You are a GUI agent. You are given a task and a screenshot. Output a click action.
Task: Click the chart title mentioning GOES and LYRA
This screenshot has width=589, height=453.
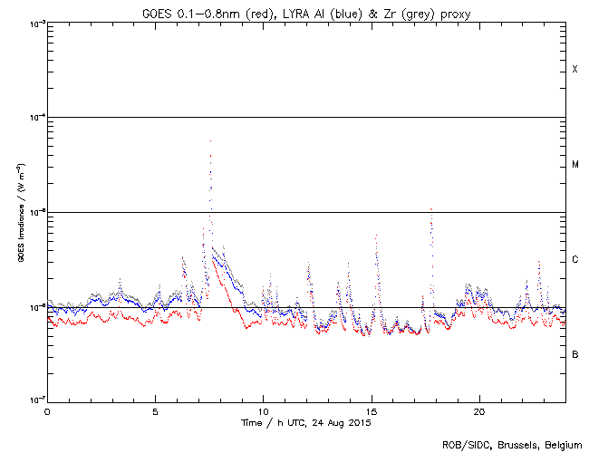click(x=306, y=11)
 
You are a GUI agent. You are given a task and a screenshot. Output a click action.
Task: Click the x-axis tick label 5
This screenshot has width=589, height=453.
click(x=155, y=410)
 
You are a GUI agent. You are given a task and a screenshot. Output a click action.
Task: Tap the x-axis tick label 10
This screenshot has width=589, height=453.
click(x=263, y=410)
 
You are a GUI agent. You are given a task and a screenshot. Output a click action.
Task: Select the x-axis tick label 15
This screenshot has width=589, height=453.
click(x=371, y=410)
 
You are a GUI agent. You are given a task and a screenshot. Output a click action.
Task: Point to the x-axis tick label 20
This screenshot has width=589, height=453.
click(x=478, y=410)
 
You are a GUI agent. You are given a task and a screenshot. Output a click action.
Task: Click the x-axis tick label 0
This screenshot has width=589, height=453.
click(x=47, y=410)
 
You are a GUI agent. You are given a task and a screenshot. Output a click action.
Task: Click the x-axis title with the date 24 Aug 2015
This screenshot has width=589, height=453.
click(x=306, y=422)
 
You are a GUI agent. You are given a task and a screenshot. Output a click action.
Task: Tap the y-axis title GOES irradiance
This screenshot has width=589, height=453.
click(x=20, y=213)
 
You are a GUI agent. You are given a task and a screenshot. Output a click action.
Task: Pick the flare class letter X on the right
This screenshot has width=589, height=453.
click(x=575, y=70)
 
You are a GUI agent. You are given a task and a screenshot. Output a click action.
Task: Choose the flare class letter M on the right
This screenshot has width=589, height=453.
click(x=575, y=165)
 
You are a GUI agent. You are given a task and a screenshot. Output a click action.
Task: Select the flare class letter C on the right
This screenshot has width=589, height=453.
click(x=575, y=260)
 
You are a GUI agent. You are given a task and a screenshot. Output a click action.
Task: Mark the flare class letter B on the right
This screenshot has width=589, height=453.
click(x=575, y=354)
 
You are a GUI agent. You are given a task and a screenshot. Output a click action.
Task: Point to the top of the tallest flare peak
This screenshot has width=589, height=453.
click(x=210, y=140)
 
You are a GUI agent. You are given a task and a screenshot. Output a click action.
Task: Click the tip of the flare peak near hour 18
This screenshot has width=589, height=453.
click(x=431, y=208)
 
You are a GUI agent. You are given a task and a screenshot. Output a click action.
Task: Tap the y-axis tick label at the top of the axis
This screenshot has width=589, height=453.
click(x=35, y=23)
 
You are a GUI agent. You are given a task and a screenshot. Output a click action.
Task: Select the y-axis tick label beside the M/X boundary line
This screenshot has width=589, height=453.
click(x=35, y=117)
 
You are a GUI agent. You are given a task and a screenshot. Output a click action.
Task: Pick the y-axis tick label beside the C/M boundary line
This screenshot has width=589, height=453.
click(x=35, y=212)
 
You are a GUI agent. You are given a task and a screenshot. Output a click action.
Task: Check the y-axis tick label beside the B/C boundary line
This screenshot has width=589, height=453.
click(x=35, y=307)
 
